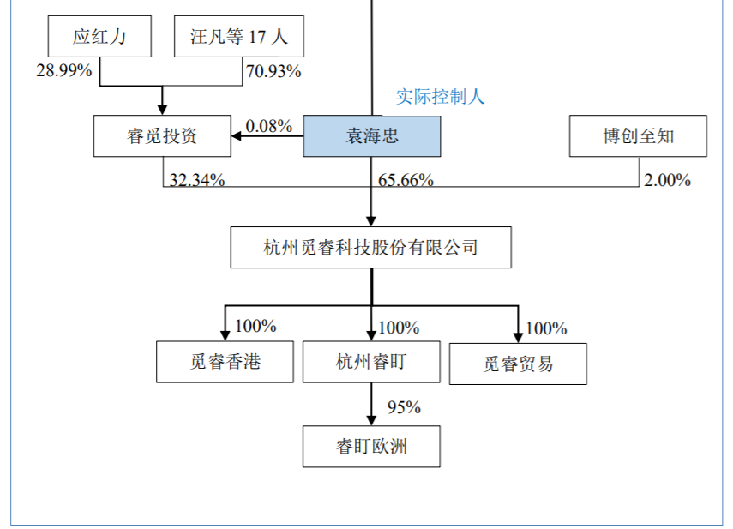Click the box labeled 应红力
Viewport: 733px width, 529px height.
pos(99,37)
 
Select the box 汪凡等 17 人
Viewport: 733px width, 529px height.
pos(238,37)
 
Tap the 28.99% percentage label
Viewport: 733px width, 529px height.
pos(63,71)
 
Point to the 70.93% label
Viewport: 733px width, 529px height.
pos(273,71)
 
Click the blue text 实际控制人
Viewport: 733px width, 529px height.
pos(440,97)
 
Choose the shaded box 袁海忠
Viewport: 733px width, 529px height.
pos(371,136)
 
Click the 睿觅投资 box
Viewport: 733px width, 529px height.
pos(162,136)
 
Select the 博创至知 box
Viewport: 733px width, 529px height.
pos(638,136)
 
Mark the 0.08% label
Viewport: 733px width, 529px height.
pos(269,126)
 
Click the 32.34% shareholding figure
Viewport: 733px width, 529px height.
pos(197,179)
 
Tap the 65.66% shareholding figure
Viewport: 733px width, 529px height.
pos(406,179)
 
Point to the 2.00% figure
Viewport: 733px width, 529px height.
pos(667,179)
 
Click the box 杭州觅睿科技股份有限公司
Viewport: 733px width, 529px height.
pos(370,248)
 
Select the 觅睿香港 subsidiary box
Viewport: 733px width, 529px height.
pos(225,362)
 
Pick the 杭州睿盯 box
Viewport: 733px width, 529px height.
pos(370,362)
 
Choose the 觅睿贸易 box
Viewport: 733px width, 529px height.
pos(518,364)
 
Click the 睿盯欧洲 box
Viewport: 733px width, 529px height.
pos(370,447)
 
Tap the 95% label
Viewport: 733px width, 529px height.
pos(404,407)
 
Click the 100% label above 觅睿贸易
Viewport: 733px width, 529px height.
pos(546,328)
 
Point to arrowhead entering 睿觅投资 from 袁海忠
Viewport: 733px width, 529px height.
pos(237,135)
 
